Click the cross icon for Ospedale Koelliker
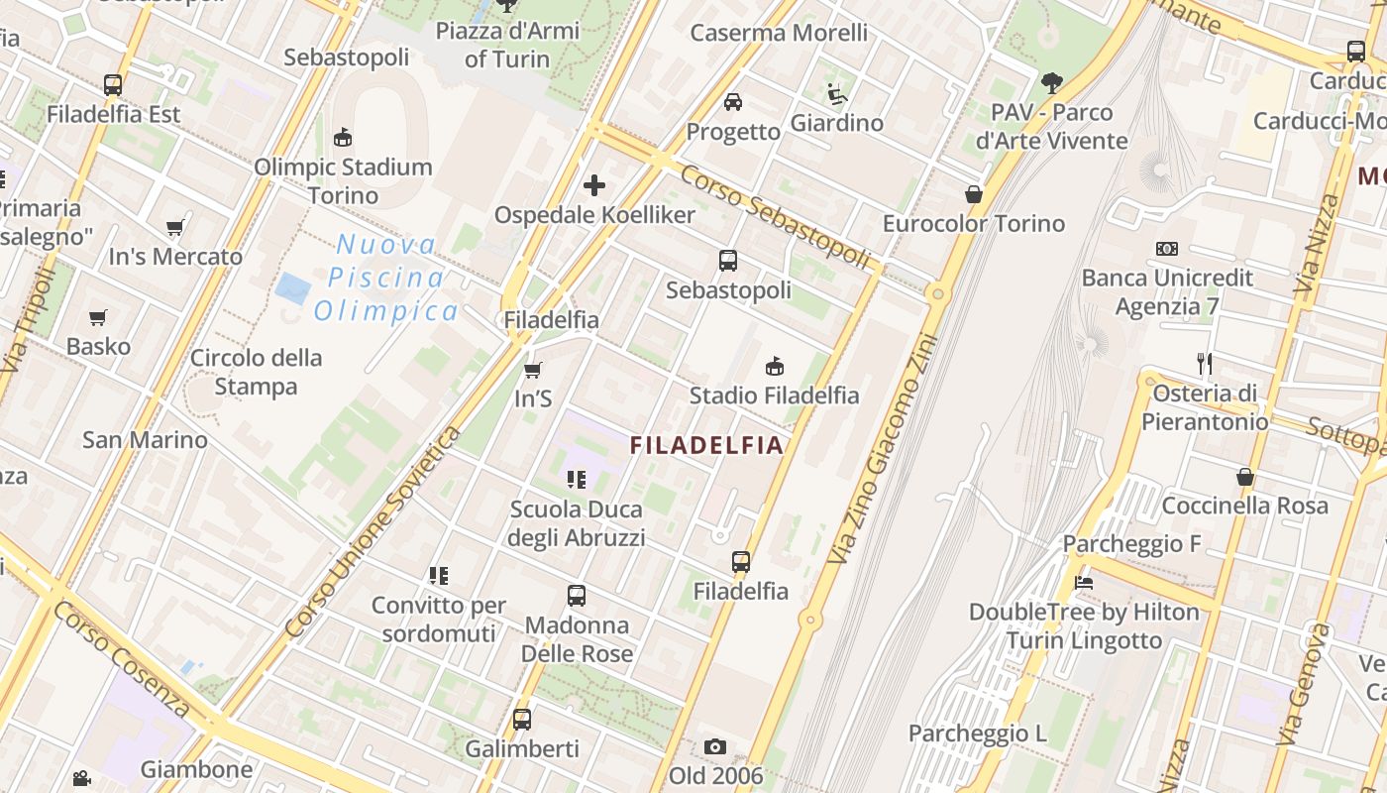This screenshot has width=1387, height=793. pyautogui.click(x=594, y=185)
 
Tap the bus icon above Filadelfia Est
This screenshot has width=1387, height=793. pyautogui.click(x=113, y=85)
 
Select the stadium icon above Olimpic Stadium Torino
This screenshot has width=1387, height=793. pyautogui.click(x=343, y=137)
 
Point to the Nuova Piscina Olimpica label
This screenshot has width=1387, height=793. pyautogui.click(x=386, y=278)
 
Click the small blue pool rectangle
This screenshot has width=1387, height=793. pyautogui.click(x=293, y=288)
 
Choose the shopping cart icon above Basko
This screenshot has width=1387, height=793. pyautogui.click(x=97, y=317)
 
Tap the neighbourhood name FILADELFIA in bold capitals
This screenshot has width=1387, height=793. pyautogui.click(x=707, y=445)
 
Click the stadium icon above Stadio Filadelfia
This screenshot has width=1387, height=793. pyautogui.click(x=775, y=367)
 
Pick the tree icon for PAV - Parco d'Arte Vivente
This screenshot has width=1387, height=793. pyautogui.click(x=1051, y=83)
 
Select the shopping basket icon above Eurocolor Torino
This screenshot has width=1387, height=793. pyautogui.click(x=974, y=194)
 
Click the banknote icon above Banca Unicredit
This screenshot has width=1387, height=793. pyautogui.click(x=1167, y=249)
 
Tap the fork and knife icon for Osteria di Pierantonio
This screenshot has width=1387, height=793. pyautogui.click(x=1205, y=363)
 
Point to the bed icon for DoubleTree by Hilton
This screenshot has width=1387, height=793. pyautogui.click(x=1084, y=583)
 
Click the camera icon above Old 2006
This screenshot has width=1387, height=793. pyautogui.click(x=715, y=746)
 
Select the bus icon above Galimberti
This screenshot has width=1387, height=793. pyautogui.click(x=522, y=720)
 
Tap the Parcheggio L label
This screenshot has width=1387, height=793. pyautogui.click(x=978, y=734)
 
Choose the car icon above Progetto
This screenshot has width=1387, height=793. pyautogui.click(x=733, y=101)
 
